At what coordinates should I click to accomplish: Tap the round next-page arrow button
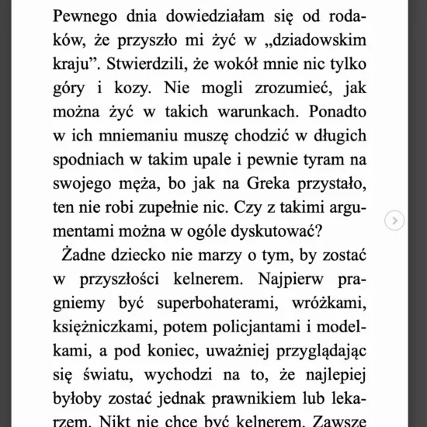[x=395, y=220]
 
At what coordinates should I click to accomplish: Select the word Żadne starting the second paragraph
[x=86, y=266]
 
